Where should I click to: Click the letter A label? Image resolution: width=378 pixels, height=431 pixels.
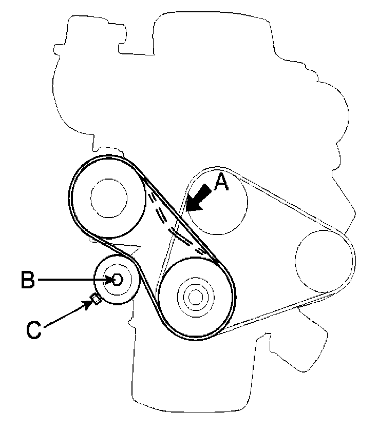click(221, 182)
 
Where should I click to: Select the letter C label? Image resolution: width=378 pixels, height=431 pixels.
click(33, 329)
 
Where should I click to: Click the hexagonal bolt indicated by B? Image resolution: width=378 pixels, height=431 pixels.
click(117, 280)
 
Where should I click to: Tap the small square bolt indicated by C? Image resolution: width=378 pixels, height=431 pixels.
click(95, 299)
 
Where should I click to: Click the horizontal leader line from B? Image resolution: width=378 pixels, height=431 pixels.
click(72, 280)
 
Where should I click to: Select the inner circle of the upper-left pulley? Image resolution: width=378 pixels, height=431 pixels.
click(109, 198)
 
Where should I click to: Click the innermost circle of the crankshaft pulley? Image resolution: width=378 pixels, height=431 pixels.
click(196, 296)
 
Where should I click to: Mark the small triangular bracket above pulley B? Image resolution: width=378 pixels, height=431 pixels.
click(131, 250)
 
